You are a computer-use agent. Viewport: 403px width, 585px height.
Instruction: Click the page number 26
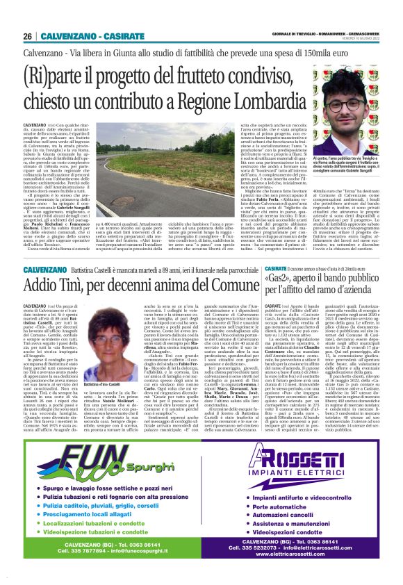click(27, 37)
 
